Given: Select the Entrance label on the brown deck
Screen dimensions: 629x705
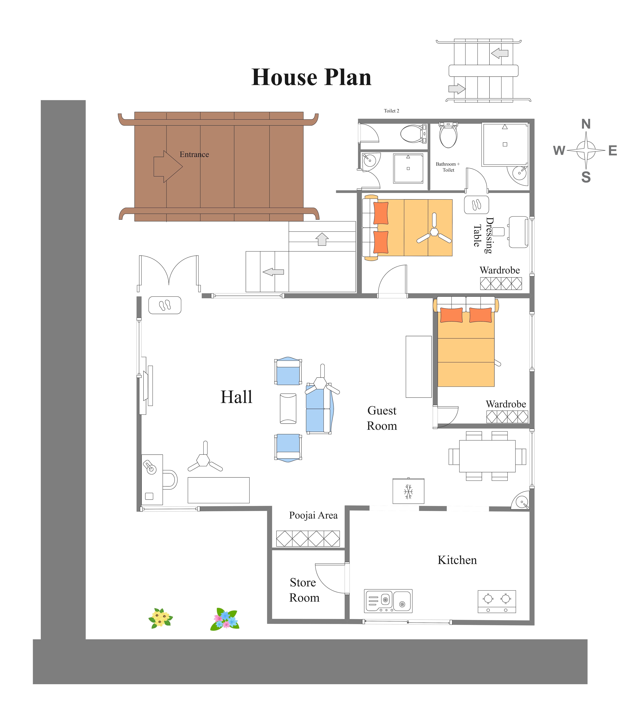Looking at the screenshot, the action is click(x=194, y=154).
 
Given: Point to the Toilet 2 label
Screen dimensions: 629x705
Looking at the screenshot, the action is click(x=392, y=111).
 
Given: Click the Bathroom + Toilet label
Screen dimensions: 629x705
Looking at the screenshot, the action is click(x=448, y=167).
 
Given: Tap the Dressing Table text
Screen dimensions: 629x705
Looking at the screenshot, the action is click(x=483, y=235).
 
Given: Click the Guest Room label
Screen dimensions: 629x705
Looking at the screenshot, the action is click(x=382, y=418).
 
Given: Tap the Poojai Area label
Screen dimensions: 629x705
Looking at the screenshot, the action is click(x=313, y=515).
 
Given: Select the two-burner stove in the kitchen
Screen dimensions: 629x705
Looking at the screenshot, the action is click(x=497, y=602).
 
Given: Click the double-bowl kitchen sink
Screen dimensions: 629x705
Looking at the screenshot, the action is click(x=388, y=601).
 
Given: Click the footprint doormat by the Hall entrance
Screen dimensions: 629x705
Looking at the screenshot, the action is click(x=165, y=305).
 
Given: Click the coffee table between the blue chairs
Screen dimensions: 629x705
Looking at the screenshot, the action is click(x=288, y=408).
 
